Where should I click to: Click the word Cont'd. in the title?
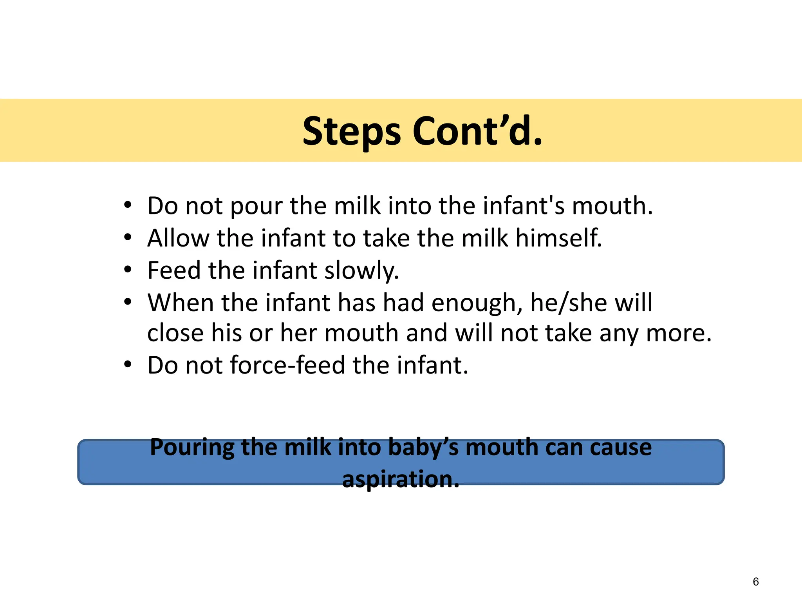(477, 131)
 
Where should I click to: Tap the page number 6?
(755, 582)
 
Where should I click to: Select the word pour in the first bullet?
(256, 206)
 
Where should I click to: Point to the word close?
(175, 333)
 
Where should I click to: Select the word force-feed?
(287, 365)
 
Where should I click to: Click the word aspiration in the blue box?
(400, 479)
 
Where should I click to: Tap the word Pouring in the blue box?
(192, 448)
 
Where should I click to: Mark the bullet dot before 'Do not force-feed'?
(127, 365)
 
